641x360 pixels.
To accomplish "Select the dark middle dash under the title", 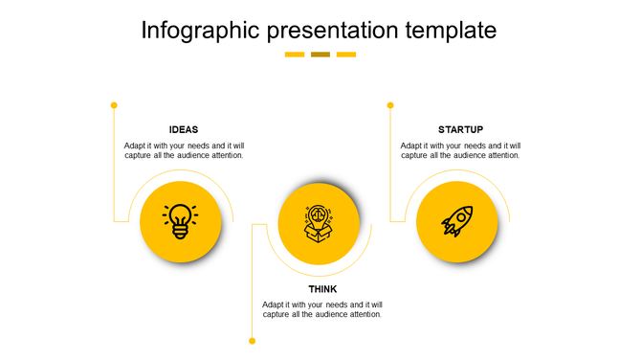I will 320,55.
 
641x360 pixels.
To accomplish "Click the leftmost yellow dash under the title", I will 295,55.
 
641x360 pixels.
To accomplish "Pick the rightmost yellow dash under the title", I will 346,55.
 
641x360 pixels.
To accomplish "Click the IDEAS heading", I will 184,129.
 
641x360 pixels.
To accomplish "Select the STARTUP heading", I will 460,129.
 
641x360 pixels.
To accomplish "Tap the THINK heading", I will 322,289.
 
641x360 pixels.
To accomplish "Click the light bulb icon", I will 181,220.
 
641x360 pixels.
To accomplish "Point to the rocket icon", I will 457,221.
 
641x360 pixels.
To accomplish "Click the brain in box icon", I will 319,223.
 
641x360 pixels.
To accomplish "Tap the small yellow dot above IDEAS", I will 114,104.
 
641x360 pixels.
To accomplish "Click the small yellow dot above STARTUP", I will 390,104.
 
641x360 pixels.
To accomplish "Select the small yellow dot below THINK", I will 253,341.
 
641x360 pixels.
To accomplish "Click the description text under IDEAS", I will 184,150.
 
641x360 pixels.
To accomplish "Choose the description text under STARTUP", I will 460,150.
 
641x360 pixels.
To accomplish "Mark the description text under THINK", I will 322,309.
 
